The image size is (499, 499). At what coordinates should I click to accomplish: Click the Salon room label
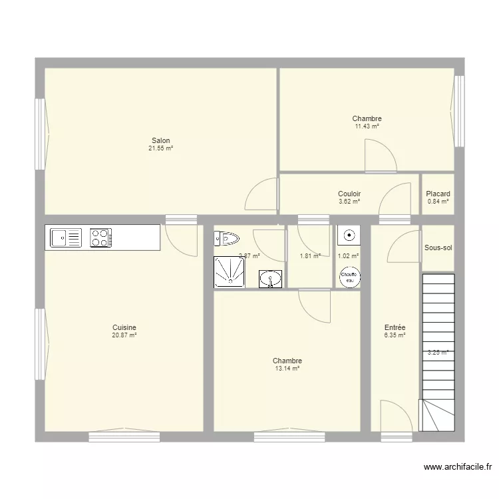pos(160,140)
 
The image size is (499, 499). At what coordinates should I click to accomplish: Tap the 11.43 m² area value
pos(367,126)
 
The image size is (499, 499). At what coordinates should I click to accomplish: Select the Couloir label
pos(349,194)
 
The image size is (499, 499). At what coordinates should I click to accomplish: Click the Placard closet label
pos(438,194)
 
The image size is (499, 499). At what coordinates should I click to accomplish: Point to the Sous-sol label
pos(438,248)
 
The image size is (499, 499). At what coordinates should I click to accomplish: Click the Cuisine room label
pos(124,327)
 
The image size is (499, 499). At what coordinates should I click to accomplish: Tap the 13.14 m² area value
pos(287,369)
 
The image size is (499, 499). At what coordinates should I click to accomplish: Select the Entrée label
pos(395,327)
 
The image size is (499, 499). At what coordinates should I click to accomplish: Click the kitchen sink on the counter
pos(65,238)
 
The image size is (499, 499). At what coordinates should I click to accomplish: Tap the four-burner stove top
pos(101,238)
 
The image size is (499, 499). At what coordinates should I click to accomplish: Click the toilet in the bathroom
pos(226,238)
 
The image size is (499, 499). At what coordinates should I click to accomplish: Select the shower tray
pos(229,273)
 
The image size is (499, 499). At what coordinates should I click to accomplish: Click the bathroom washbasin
pos(270,279)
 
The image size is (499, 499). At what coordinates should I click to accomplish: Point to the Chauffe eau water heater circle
pos(349,277)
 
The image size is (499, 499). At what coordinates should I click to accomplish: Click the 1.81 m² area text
pos(310,255)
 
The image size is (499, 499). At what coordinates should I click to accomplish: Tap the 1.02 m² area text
pos(348,255)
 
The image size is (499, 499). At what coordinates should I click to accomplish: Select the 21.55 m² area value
pos(160,148)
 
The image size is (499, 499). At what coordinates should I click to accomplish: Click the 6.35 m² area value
pos(395,336)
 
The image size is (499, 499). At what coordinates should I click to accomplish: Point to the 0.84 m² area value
pos(438,202)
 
